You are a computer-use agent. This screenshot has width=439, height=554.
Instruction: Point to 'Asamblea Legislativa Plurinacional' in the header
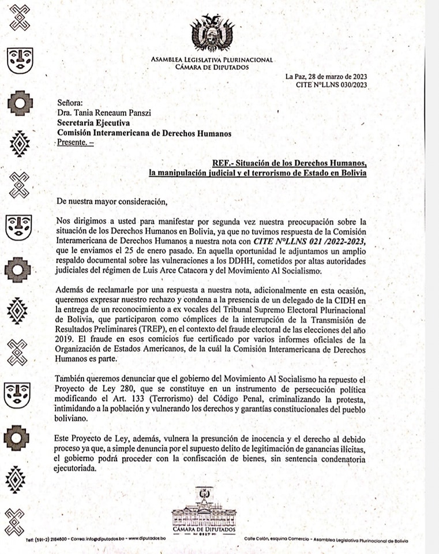pyautogui.click(x=212, y=59)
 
